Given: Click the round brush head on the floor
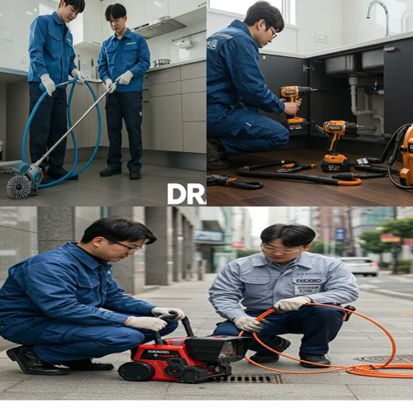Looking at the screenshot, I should click(19, 186).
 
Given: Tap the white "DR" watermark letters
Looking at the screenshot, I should click(186, 193).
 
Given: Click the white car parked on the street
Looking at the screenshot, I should click(361, 265).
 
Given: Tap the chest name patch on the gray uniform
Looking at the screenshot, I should click(308, 282).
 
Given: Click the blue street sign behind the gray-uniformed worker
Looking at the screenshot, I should click(340, 235).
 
